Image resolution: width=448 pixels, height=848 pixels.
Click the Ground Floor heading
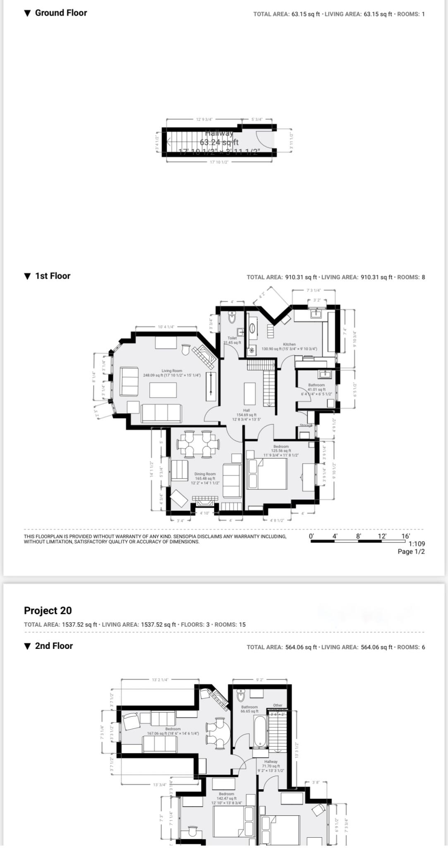(60, 13)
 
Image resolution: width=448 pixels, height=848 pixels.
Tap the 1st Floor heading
(53, 276)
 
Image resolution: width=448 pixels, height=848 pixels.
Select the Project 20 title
(48, 611)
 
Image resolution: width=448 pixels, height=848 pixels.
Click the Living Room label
(172, 371)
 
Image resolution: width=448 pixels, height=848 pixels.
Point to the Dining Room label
(205, 474)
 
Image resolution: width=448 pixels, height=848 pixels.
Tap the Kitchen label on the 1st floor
(289, 344)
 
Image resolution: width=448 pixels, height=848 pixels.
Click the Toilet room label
(232, 338)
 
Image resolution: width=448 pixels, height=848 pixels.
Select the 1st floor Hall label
(247, 410)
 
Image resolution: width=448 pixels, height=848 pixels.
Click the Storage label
(306, 425)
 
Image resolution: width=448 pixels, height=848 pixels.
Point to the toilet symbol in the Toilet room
(232, 318)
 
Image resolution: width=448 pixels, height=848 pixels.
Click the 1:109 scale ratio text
(417, 544)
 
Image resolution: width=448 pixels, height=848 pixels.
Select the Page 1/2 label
(411, 552)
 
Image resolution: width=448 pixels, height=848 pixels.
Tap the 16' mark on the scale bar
(406, 536)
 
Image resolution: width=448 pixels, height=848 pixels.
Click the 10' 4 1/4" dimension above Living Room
(166, 327)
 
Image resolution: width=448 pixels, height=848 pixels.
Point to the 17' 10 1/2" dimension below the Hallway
(219, 162)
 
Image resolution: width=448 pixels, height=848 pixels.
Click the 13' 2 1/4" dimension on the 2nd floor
(160, 679)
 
